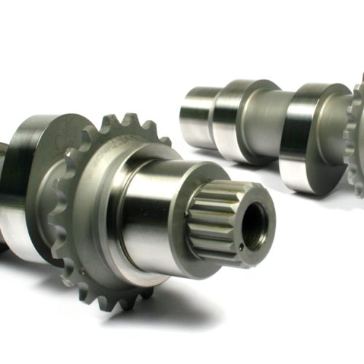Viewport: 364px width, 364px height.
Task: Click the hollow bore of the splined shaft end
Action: (254, 225)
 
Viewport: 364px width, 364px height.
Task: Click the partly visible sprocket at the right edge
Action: (357, 138)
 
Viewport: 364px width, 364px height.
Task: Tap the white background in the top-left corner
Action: (29, 29)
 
